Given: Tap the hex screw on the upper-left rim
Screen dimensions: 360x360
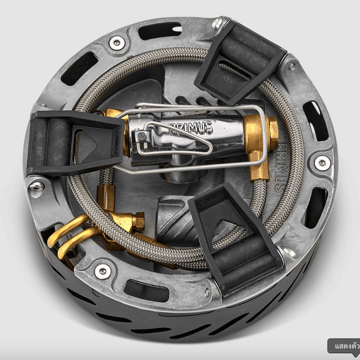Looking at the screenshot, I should tap(116, 43).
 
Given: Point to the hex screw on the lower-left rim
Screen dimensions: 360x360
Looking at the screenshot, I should tap(103, 271).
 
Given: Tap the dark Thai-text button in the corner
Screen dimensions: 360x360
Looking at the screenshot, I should tap(344, 347).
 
